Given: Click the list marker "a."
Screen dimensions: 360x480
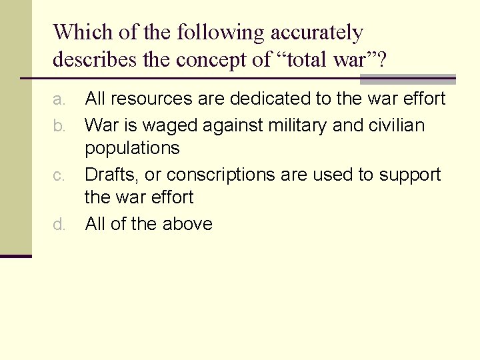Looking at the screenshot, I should pos(59,100).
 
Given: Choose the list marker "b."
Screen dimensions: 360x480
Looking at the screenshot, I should pos(59,125).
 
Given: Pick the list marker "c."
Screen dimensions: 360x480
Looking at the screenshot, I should pos(59,175).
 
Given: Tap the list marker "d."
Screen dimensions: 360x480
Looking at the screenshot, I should pos(59,225).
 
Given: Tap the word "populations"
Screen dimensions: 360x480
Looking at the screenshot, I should pos(132,148).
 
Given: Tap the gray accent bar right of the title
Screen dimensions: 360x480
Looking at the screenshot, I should pos(407,79).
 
